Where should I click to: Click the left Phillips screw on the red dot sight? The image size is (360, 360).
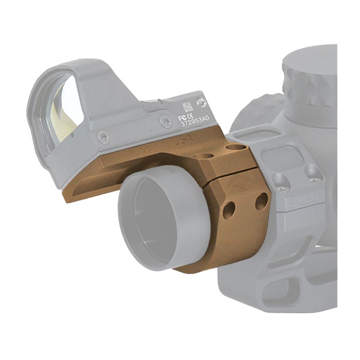104,137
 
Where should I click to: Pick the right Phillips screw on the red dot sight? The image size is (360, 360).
166,122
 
